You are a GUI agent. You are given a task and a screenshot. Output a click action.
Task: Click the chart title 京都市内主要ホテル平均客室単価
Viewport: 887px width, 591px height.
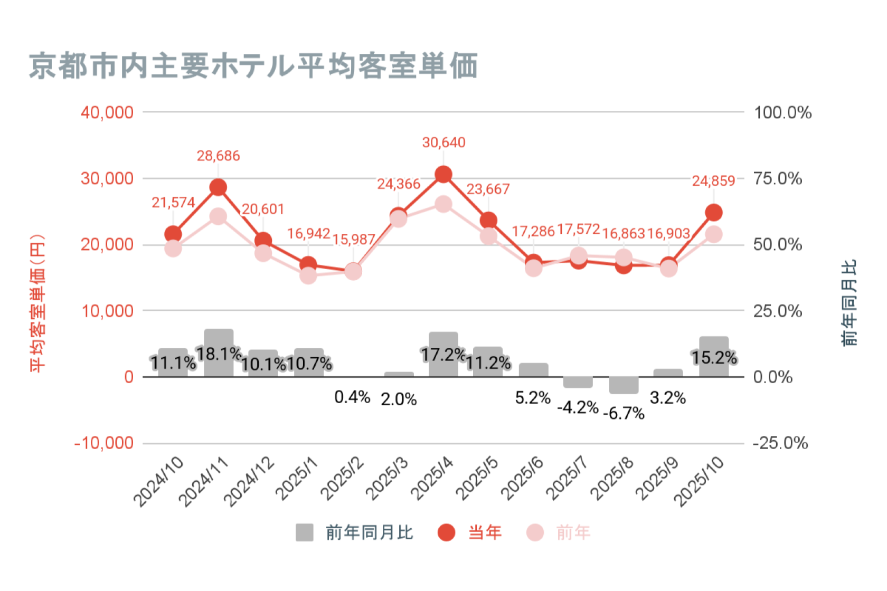click(x=253, y=66)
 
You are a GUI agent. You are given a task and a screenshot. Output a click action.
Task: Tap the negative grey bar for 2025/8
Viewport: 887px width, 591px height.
click(x=624, y=385)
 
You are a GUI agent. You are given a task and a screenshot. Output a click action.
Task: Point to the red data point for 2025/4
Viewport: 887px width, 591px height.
click(x=443, y=175)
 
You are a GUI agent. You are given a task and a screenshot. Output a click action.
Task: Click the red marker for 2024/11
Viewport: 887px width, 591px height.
click(x=218, y=187)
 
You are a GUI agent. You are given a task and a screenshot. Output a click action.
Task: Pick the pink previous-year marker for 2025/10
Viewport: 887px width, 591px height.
click(x=714, y=234)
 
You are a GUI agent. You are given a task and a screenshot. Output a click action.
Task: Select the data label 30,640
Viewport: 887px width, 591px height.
click(x=443, y=142)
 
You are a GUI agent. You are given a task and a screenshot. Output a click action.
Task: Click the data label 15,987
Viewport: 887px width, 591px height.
click(x=353, y=240)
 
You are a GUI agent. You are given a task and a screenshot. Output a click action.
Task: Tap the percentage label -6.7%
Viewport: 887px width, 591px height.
click(x=624, y=414)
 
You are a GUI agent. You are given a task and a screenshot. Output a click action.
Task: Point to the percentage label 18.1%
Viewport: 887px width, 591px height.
click(x=219, y=354)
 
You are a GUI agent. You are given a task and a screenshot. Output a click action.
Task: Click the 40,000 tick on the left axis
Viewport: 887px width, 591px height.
click(x=107, y=112)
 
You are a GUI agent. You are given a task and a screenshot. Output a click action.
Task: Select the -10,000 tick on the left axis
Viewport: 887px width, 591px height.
click(x=104, y=443)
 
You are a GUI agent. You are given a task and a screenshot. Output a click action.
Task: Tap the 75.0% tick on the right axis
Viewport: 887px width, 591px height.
click(x=778, y=178)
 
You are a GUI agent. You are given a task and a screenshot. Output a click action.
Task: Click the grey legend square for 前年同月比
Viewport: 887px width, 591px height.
click(x=304, y=532)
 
